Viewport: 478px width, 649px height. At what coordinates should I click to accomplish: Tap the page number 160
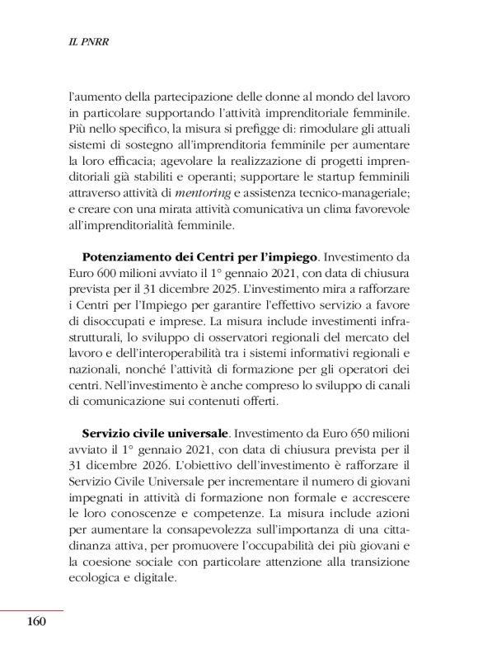tap(35, 621)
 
